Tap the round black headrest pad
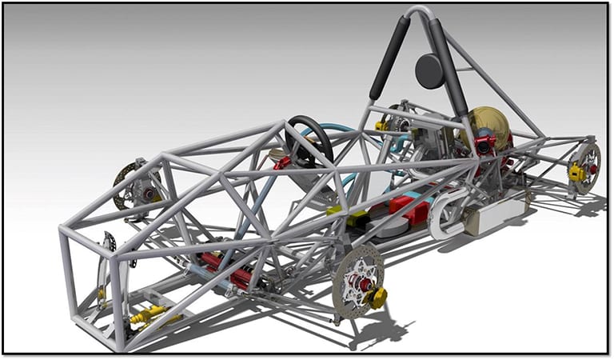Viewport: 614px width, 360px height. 430,71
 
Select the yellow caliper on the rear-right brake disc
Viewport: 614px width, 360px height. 576,171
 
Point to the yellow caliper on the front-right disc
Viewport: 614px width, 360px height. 376,298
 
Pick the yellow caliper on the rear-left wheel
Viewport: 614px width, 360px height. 381,125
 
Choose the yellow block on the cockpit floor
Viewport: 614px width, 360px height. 334,210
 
